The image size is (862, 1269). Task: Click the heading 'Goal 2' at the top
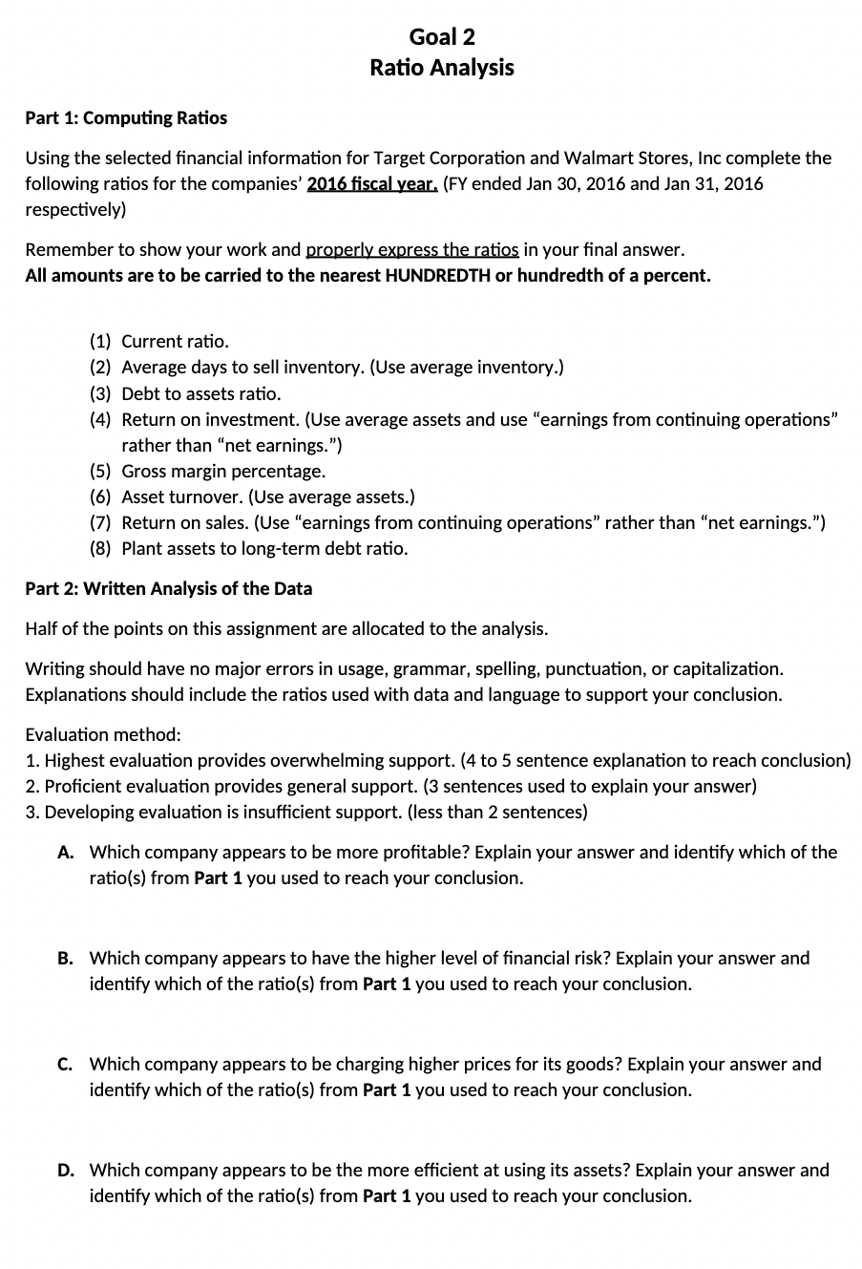point(441,37)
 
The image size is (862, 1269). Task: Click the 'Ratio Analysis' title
point(441,68)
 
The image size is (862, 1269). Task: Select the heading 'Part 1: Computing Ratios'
point(126,118)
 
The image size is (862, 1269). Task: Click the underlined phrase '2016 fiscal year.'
point(372,183)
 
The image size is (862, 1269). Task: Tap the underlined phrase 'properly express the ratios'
point(411,250)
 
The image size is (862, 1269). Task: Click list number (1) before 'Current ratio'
point(100,342)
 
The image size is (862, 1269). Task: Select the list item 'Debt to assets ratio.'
point(201,393)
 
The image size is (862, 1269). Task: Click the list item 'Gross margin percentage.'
point(223,471)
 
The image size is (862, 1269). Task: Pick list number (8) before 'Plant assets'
point(100,548)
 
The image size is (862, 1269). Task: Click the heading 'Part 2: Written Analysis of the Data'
point(168,588)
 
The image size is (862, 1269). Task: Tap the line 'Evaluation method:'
point(102,734)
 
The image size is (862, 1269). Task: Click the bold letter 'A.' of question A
point(66,852)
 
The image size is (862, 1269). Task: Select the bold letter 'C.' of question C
point(66,1064)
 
